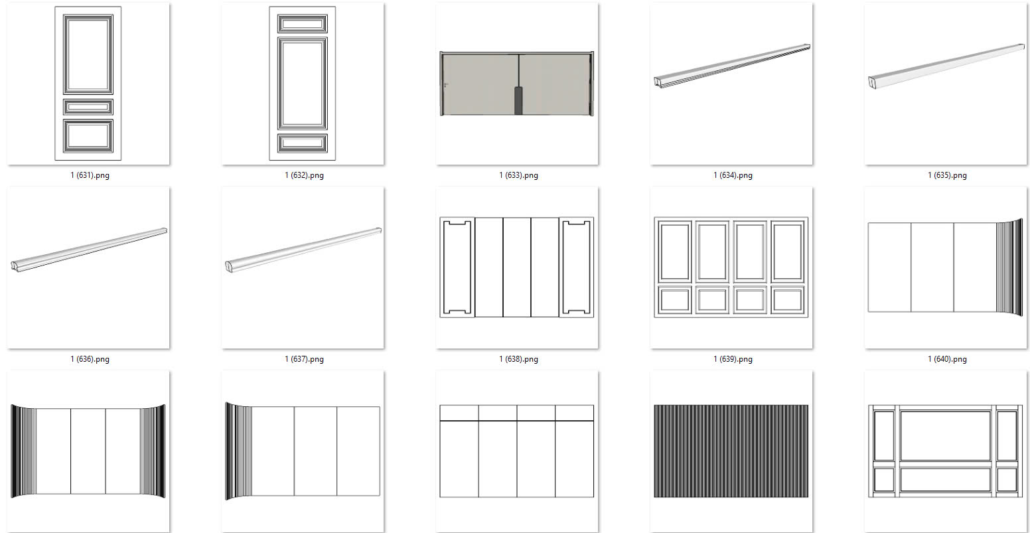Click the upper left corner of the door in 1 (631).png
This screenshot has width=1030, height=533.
click(55, 7)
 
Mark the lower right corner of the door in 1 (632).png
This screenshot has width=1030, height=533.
click(335, 160)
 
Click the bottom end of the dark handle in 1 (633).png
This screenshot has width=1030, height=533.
click(518, 114)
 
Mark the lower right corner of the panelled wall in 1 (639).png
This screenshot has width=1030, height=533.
click(808, 317)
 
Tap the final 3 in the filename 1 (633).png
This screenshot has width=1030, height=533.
click(522, 175)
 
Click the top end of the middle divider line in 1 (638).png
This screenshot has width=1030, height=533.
click(503, 218)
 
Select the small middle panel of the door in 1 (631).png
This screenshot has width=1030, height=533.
click(88, 107)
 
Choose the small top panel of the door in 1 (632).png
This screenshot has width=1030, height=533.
click(302, 23)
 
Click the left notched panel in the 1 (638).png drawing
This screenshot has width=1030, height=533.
click(457, 267)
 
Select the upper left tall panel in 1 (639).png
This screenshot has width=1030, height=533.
click(674, 252)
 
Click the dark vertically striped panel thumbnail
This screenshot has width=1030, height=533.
click(731, 451)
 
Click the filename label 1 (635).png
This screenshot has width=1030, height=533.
click(947, 175)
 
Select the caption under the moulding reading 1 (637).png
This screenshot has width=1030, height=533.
click(304, 359)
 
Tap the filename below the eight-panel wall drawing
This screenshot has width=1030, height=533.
click(733, 359)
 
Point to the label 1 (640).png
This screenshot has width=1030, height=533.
click(947, 359)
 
